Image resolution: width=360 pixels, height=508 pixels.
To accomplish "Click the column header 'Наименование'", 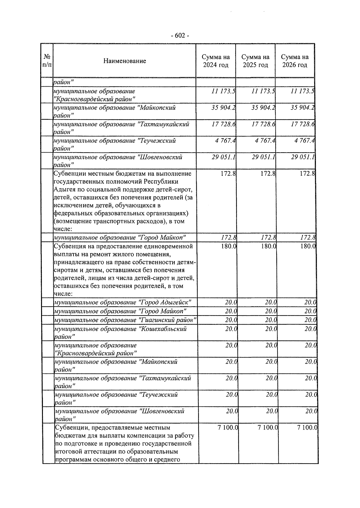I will click(x=124, y=61).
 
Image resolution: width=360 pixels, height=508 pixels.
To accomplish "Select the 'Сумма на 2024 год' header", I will click(x=216, y=61).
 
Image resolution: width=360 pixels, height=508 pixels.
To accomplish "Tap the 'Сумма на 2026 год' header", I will click(x=295, y=61).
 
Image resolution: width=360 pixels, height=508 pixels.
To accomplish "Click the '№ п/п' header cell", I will click(x=47, y=61).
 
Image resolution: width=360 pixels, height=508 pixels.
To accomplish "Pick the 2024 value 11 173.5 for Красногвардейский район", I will click(x=223, y=91).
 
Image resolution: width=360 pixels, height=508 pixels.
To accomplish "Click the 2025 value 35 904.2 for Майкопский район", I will click(x=263, y=108).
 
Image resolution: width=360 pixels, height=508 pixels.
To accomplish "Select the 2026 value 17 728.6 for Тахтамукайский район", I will click(x=302, y=124).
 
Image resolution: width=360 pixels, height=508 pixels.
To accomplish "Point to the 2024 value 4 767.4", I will click(x=225, y=141).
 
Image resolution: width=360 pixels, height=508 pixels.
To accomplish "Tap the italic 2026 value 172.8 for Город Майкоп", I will click(x=307, y=238).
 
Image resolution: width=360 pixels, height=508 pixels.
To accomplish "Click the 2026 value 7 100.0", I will click(x=307, y=428).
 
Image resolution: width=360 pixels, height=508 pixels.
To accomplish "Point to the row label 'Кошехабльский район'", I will click(x=120, y=333).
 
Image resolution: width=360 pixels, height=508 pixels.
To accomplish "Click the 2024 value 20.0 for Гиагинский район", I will click(x=231, y=320).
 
